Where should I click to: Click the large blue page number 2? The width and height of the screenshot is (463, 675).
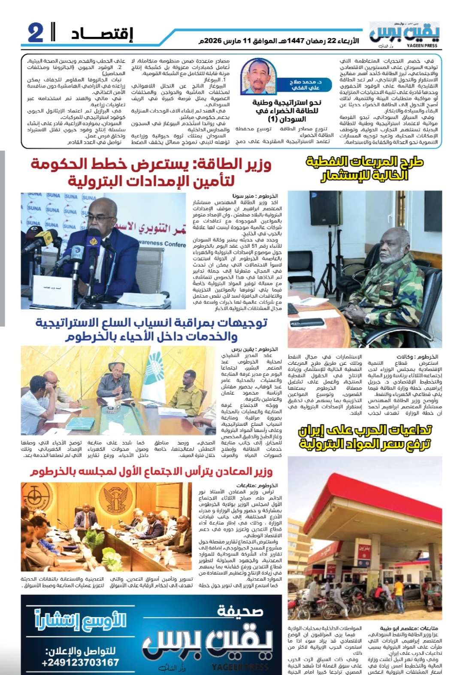[x=36, y=33]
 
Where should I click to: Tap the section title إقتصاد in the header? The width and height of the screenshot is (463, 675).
[x=102, y=33]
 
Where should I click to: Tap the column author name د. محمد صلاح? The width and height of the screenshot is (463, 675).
[x=306, y=85]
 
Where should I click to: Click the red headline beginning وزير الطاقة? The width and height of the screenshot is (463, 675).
[x=151, y=173]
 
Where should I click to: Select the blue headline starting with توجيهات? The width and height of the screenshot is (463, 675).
[x=151, y=329]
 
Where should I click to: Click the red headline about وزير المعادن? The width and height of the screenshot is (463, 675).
[x=151, y=472]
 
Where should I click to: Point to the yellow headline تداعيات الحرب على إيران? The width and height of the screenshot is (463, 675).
[x=364, y=437]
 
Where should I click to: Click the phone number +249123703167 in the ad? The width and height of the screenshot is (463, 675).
[x=80, y=663]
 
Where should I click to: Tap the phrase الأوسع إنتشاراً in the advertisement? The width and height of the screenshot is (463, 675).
[x=80, y=620]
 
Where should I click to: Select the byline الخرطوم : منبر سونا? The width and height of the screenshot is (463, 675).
[x=255, y=196]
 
